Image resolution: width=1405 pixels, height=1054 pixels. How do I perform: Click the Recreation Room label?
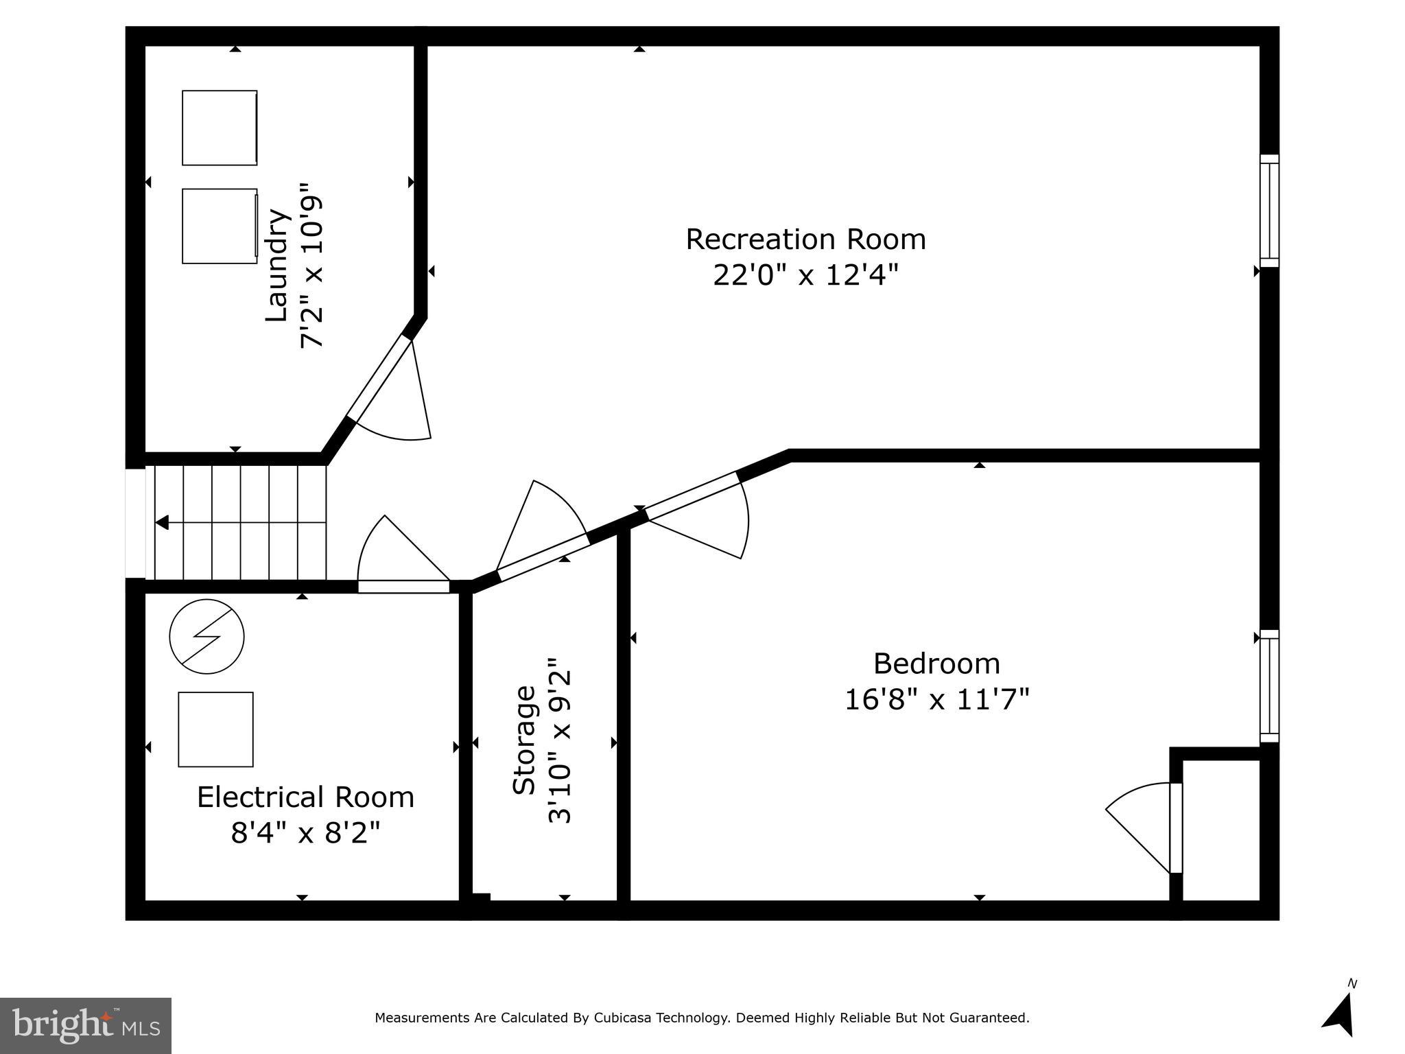pos(805,239)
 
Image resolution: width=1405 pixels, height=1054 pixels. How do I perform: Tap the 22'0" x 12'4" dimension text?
pos(805,276)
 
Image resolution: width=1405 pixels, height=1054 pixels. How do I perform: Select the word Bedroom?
pos(936,664)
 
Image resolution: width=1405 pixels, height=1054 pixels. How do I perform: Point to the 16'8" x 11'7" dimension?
pos(936,700)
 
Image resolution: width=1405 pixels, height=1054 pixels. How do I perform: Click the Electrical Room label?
pos(305,797)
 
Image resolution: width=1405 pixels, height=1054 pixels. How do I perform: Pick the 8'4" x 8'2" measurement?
pos(305,834)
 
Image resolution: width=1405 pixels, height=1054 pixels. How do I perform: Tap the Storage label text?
pos(524,740)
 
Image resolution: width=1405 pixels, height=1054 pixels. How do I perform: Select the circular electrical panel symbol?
pos(206,636)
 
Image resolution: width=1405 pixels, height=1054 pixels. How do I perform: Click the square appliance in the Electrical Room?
pos(215,729)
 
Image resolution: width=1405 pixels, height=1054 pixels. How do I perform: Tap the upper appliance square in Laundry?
pos(220,128)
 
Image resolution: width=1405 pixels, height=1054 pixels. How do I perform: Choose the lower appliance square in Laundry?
pos(220,226)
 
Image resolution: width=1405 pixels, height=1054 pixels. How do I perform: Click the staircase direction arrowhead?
pos(162,523)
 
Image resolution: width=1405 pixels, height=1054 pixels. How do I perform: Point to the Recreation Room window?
pos(1269,211)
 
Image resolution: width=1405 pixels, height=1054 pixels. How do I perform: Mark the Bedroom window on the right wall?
pos(1269,686)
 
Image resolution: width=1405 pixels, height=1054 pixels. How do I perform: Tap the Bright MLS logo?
pos(86,1025)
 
